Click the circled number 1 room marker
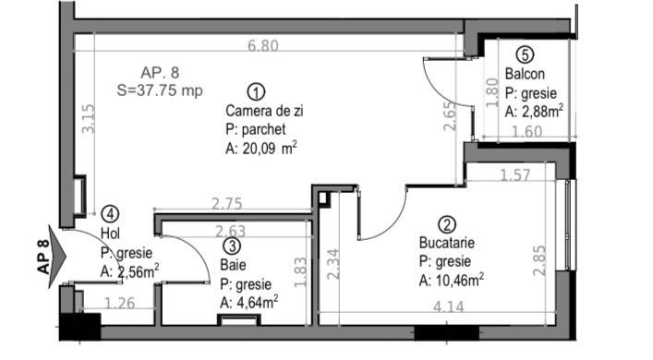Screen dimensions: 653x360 [256, 91]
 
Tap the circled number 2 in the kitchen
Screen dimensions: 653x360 [447, 224]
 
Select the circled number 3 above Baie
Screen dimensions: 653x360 [232, 246]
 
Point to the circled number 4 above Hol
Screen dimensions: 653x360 [110, 214]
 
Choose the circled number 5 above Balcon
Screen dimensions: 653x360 [525, 54]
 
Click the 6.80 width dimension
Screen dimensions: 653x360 [263, 45]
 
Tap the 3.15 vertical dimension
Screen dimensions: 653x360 [89, 118]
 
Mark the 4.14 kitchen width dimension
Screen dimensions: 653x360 [448, 307]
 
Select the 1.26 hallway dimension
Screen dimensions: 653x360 [119, 303]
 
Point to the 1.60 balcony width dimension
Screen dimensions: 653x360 [526, 131]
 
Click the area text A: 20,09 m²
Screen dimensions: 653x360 [261, 149]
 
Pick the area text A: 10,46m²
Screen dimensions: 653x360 [452, 281]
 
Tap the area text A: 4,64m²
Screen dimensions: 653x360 [249, 302]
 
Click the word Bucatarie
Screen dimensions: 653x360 [447, 243]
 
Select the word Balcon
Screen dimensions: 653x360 [525, 74]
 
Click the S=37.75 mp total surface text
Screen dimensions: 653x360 [160, 90]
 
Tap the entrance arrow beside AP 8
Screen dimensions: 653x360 [56, 257]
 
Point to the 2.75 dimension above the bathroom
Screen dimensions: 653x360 [227, 204]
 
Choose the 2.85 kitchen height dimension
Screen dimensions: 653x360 [538, 260]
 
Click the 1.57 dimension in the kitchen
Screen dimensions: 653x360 [515, 175]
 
